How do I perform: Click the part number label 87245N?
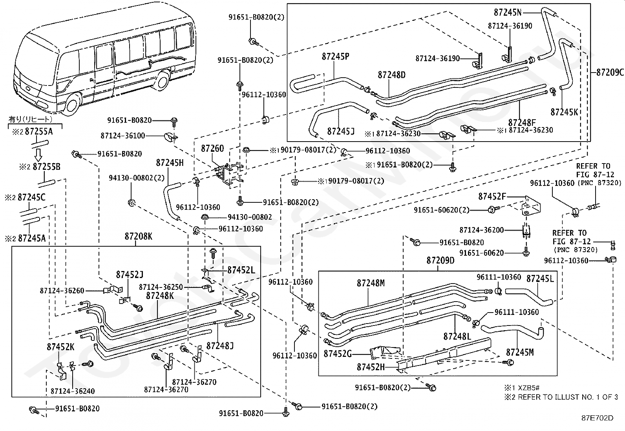point(508,12)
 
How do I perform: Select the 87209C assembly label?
point(610,72)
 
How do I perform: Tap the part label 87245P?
point(335,56)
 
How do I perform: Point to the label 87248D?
point(392,75)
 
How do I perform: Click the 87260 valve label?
point(212,148)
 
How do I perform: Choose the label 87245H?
point(170,162)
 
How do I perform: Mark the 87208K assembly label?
point(139,236)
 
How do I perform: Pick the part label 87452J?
point(130,275)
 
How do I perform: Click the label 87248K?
point(160,296)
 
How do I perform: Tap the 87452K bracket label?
point(60,347)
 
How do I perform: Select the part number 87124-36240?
point(73,391)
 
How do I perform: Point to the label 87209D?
point(440,260)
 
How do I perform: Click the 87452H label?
point(371,367)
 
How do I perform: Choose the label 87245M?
point(520,353)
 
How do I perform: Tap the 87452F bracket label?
point(492,196)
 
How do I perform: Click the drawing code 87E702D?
point(598,418)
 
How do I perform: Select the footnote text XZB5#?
point(529,388)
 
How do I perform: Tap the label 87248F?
point(522,123)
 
